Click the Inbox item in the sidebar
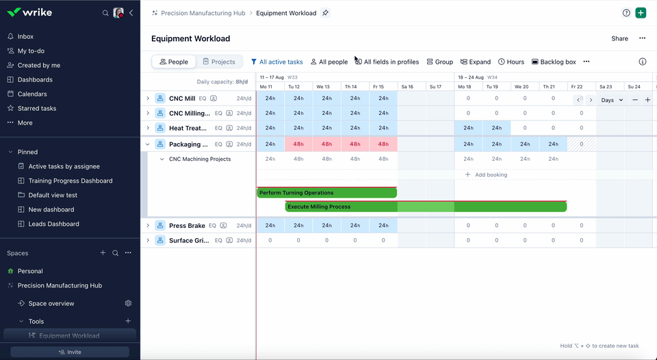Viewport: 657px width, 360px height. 25,36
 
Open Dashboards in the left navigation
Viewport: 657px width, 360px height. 34,79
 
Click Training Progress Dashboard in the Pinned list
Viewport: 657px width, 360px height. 70,181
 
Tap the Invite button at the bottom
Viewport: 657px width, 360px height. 70,352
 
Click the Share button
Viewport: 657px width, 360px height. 619,38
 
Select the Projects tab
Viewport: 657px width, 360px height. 218,62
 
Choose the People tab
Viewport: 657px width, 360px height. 174,62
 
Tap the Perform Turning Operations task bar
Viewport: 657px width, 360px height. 326,193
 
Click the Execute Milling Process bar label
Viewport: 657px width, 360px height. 319,207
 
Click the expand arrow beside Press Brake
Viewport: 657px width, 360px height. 148,226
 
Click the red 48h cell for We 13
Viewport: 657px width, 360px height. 326,144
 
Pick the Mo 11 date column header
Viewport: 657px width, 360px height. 266,87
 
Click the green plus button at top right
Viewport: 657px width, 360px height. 641,13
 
